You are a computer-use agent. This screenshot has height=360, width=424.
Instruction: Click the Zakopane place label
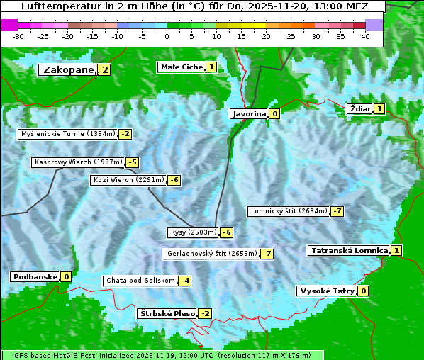pyautogui.click(x=68, y=69)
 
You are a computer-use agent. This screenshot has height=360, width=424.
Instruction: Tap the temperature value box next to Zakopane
pyautogui.click(x=105, y=69)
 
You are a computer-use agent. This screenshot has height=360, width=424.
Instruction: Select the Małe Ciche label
pyautogui.click(x=182, y=67)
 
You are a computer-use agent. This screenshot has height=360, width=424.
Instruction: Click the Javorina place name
pyautogui.click(x=249, y=113)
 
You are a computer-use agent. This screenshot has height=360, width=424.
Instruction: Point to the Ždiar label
pyautogui.click(x=360, y=108)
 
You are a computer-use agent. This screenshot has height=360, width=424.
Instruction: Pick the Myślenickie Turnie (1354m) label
pyautogui.click(x=68, y=133)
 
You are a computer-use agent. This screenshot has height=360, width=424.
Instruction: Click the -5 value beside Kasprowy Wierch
pyautogui.click(x=132, y=162)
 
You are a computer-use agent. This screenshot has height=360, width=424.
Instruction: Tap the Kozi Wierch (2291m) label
pyautogui.click(x=128, y=180)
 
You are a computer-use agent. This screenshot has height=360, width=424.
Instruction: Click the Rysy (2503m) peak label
pyautogui.click(x=193, y=232)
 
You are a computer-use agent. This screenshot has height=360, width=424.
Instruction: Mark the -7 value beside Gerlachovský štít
pyautogui.click(x=267, y=254)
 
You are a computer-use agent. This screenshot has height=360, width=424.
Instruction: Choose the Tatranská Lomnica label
pyautogui.click(x=349, y=250)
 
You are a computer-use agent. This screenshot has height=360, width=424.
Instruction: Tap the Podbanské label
pyautogui.click(x=35, y=276)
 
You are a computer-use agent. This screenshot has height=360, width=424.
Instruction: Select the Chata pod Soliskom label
pyautogui.click(x=139, y=281)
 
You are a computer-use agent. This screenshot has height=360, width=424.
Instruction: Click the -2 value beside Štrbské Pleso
pyautogui.click(x=205, y=313)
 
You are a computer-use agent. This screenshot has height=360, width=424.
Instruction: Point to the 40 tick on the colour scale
pyautogui.click(x=365, y=36)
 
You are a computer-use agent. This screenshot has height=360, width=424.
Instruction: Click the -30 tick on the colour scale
pyautogui.click(x=18, y=36)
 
